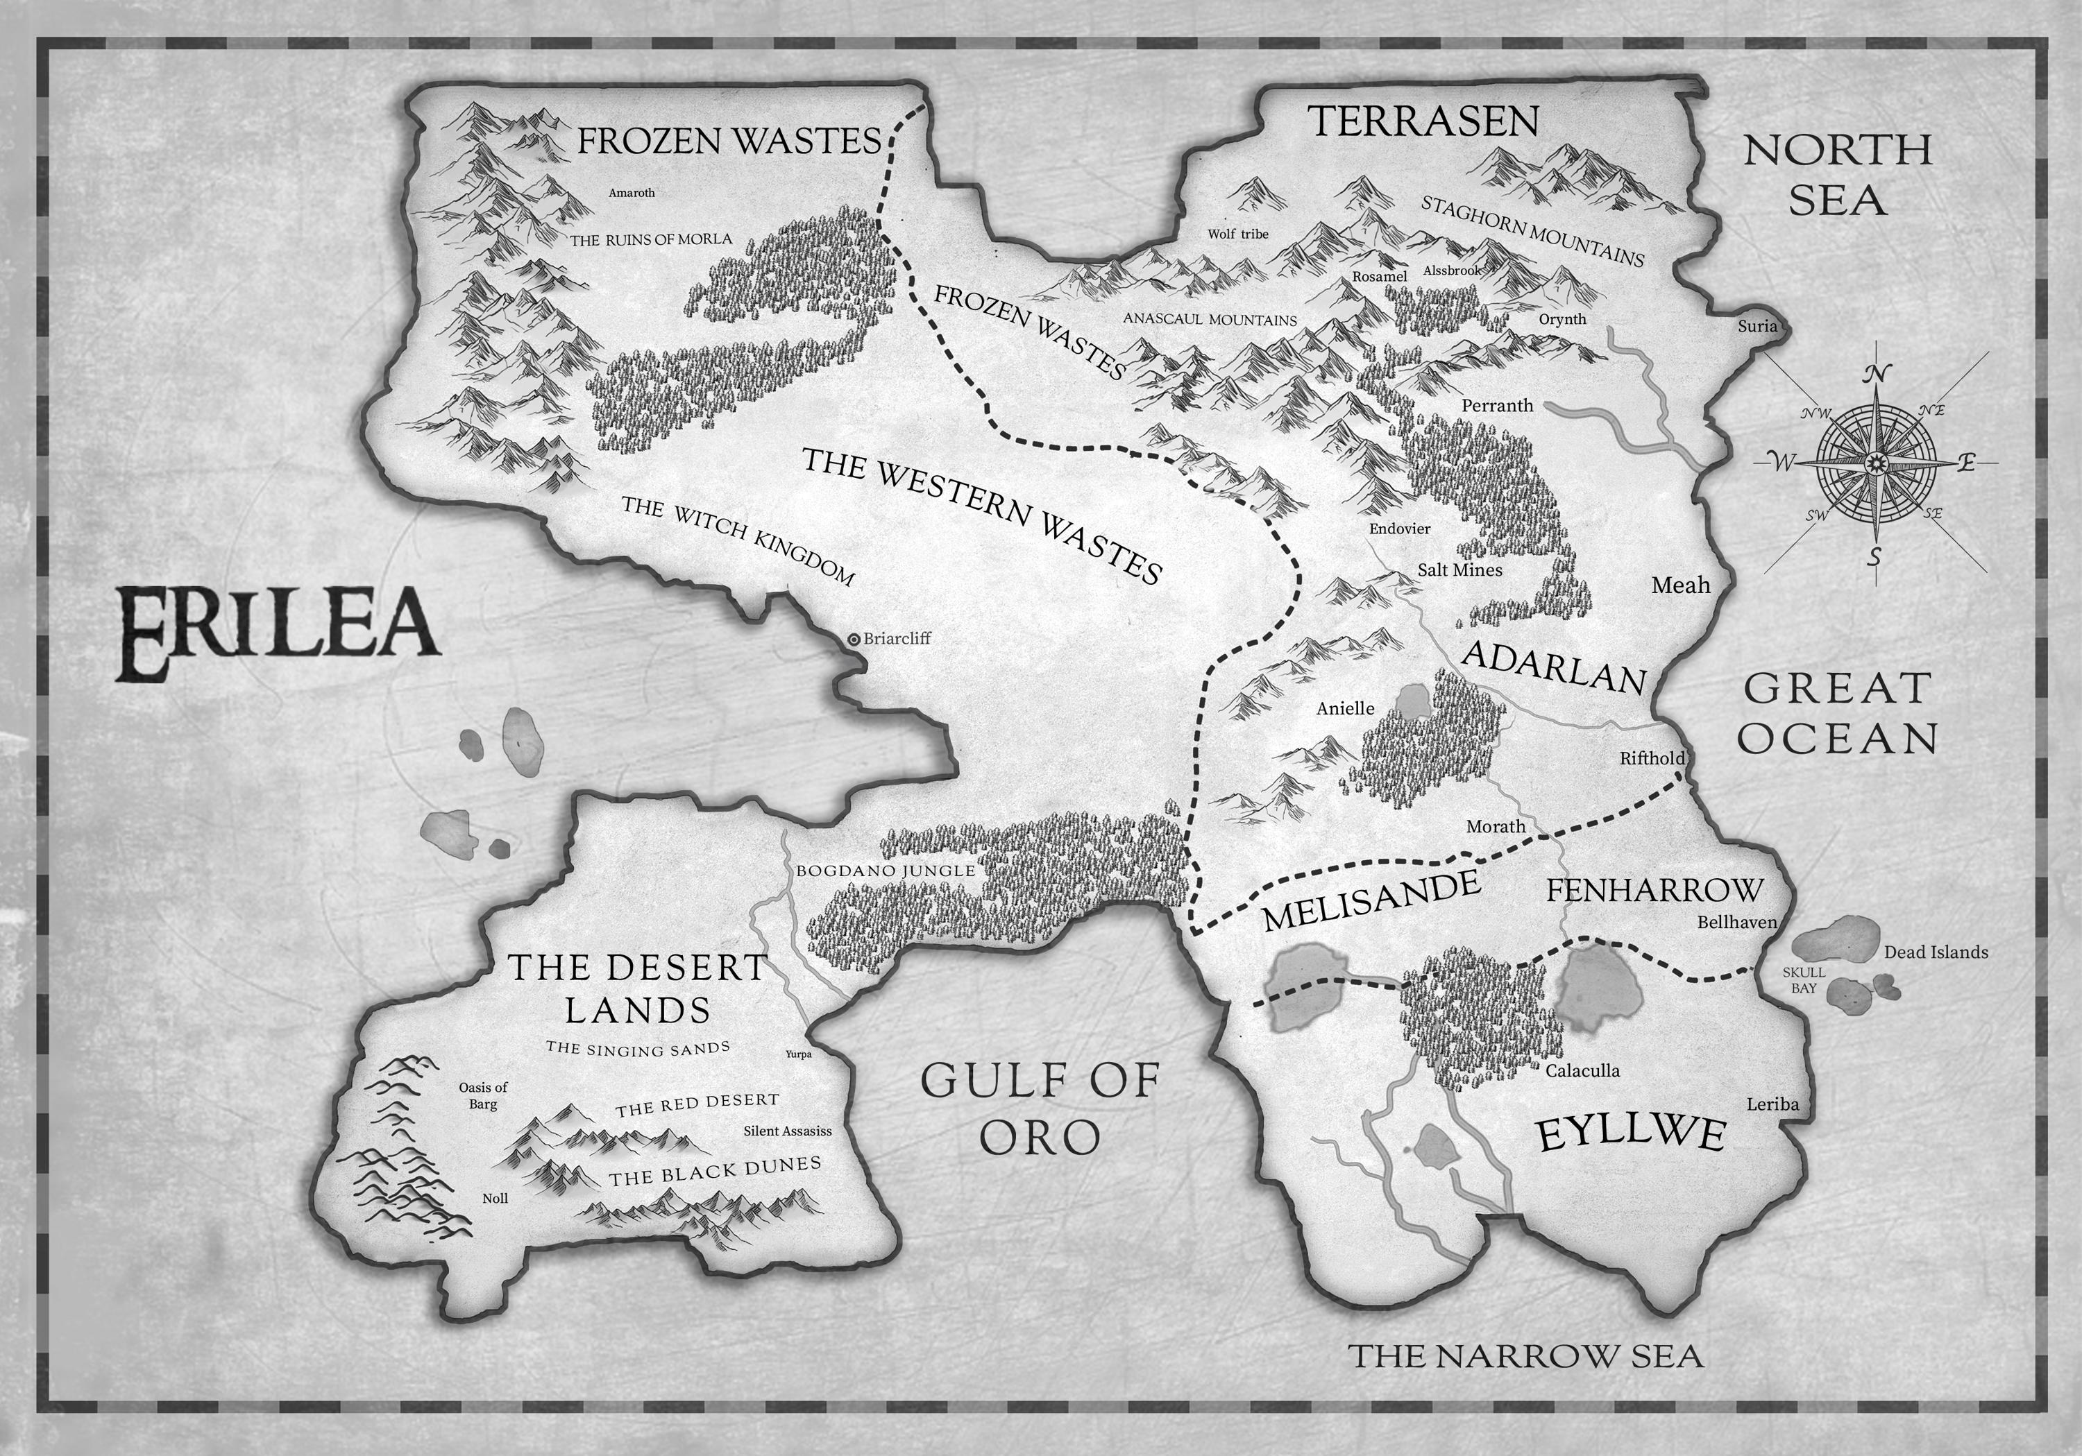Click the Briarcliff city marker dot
854,639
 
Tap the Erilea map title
278,632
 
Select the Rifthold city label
1652,758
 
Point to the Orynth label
1562,319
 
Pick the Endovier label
1399,529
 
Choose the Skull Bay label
1804,980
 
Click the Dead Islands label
1936,952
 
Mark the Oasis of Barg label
482,1095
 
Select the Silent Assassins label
787,1131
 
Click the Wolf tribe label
1238,234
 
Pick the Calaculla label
1582,1071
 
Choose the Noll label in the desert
495,1199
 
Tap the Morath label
1496,826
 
